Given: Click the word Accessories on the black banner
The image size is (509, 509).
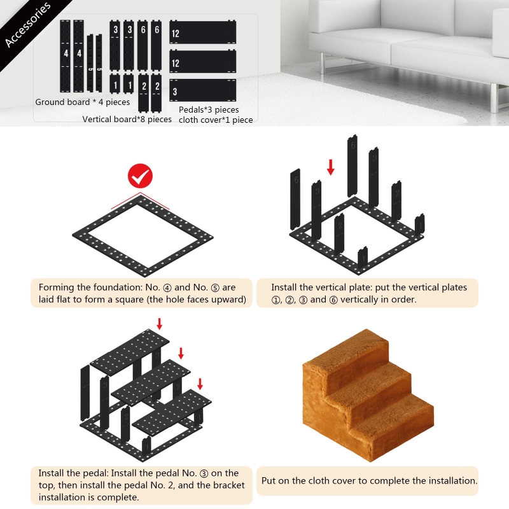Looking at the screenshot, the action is click(x=28, y=25).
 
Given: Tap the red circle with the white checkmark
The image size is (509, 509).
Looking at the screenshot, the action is click(x=140, y=176).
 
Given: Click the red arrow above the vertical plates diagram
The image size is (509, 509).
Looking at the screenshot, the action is click(x=330, y=167).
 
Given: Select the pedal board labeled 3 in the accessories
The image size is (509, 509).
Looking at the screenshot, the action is click(x=202, y=90).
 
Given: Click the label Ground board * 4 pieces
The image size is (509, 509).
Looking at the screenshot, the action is click(x=83, y=102).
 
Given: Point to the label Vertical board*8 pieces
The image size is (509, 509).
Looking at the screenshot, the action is click(x=127, y=119).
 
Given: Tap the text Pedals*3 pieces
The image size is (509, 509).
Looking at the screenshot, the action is click(x=209, y=109).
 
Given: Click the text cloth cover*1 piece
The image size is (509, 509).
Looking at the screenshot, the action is click(x=216, y=120).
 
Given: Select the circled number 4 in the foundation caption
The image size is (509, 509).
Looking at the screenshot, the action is click(x=167, y=288).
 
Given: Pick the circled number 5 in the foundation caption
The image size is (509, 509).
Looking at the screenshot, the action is click(x=215, y=288).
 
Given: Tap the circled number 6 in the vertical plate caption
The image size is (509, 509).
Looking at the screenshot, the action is click(x=333, y=300).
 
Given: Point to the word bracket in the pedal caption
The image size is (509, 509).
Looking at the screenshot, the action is click(x=229, y=485).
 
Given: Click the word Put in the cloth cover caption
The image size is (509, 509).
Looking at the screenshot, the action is click(x=268, y=481).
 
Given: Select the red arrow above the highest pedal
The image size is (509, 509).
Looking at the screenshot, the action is click(x=160, y=324).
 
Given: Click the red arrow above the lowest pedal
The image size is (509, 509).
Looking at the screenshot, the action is click(x=200, y=384).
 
